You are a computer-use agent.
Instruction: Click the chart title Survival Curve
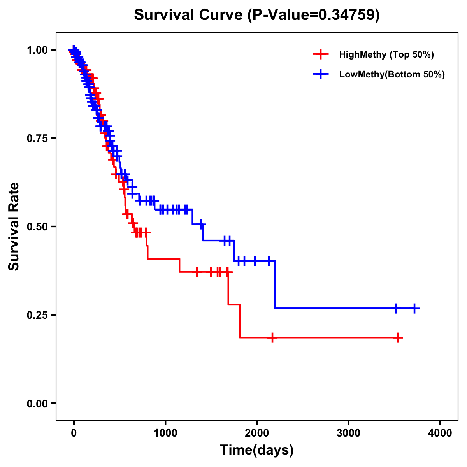(256, 15)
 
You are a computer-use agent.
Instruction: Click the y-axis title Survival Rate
(14, 226)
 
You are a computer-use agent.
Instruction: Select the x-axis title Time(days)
(256, 450)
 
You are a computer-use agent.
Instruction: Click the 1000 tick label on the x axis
(165, 433)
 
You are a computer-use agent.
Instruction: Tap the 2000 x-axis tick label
(257, 433)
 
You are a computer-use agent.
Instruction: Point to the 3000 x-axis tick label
(348, 433)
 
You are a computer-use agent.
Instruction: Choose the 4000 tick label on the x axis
(440, 433)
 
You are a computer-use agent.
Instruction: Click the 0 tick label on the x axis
(74, 433)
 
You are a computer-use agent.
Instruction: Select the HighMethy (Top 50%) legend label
(386, 54)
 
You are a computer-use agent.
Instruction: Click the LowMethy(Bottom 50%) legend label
(392, 74)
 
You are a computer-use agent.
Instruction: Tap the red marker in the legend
(320, 54)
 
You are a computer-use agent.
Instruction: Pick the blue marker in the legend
(320, 74)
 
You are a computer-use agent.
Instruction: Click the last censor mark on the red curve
(398, 337)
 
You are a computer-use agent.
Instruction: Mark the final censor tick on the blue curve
(414, 308)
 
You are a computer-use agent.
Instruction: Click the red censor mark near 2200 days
(272, 337)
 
